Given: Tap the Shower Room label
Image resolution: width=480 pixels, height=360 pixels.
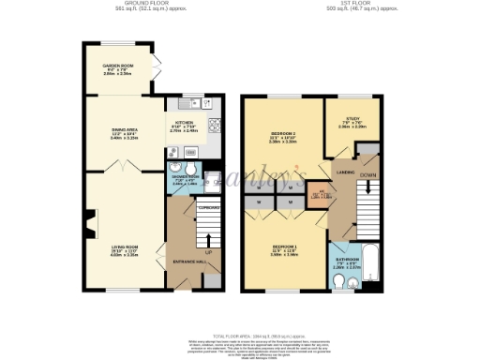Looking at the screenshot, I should click(183, 177).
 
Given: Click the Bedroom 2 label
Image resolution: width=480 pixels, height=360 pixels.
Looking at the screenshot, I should click(277, 138).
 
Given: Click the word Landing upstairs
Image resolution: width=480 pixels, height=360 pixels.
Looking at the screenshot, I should click(345, 172).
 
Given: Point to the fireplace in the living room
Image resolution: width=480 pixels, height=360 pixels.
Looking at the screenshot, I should click(89, 223).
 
